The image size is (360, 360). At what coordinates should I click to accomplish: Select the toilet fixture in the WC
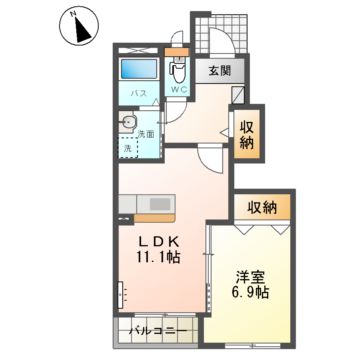point(178,69)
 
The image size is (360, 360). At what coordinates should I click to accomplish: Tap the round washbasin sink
point(128,122)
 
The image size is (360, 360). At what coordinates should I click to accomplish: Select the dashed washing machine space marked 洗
point(127,148)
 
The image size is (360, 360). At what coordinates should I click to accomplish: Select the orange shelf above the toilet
point(178,49)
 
